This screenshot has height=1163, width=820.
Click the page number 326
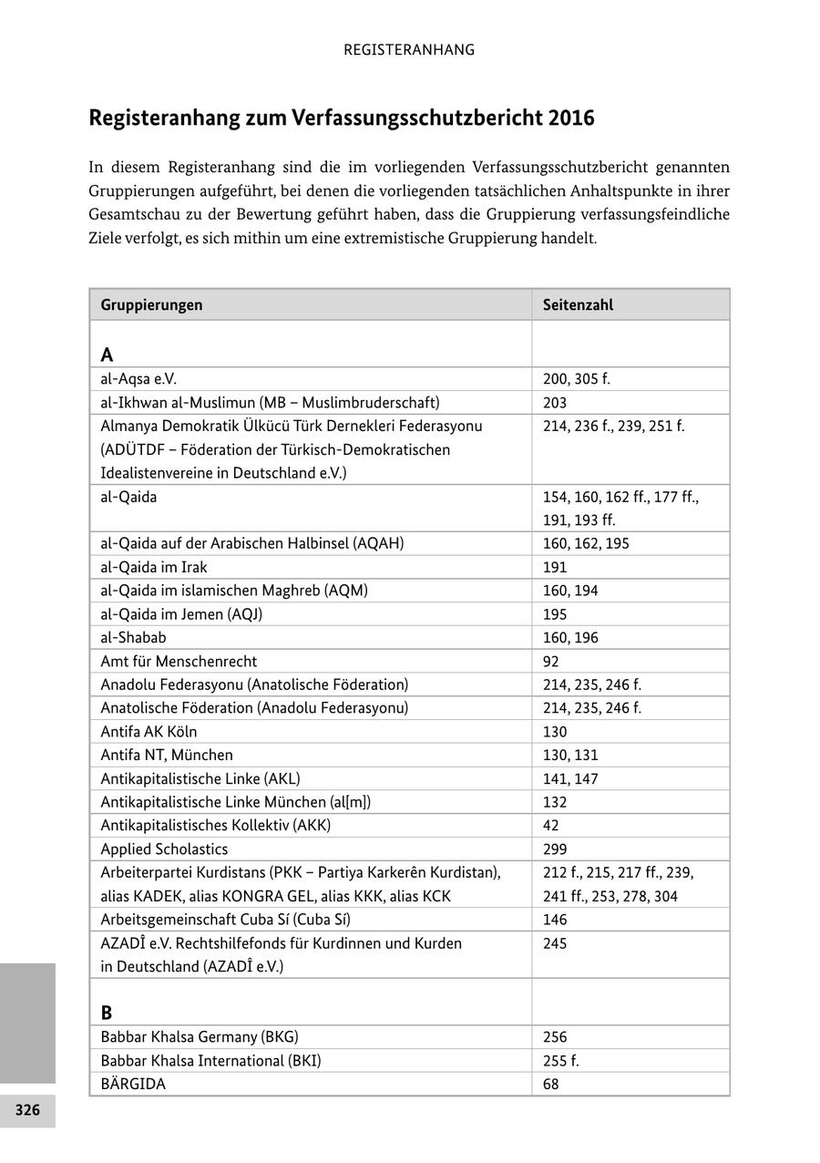tap(27, 1110)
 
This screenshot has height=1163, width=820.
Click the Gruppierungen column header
tap(151, 305)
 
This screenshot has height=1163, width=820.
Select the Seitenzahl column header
tap(578, 305)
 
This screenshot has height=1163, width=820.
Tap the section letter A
tap(107, 355)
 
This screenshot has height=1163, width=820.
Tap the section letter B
tap(107, 1013)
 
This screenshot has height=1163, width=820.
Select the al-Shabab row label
tap(133, 638)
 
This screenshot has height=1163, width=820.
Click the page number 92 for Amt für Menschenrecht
tap(550, 662)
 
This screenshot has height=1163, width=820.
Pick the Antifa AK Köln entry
tap(149, 732)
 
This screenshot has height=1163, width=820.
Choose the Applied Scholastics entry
tap(164, 849)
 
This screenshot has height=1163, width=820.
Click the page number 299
tap(555, 849)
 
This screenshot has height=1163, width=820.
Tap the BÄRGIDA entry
tap(133, 1085)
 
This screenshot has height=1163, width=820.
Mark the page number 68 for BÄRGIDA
tap(550, 1085)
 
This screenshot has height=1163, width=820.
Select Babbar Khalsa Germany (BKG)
tap(200, 1037)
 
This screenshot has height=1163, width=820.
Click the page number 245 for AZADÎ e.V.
tap(555, 943)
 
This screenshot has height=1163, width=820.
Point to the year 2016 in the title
tap(571, 118)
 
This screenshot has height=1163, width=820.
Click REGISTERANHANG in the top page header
tap(409, 50)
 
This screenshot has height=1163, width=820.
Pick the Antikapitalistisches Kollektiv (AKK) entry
tap(215, 826)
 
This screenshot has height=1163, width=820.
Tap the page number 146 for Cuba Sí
tap(555, 920)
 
